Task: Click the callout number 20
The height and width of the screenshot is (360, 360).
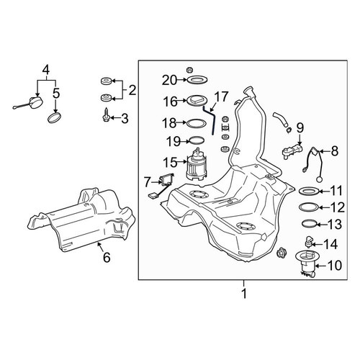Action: click(169, 80)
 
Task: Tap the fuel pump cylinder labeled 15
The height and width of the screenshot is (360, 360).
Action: click(196, 164)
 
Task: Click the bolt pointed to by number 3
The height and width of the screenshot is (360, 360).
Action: click(106, 115)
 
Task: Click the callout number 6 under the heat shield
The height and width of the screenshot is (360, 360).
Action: click(107, 258)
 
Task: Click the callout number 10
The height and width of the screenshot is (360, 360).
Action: click(334, 266)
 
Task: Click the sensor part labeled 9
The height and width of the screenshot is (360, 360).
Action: click(292, 150)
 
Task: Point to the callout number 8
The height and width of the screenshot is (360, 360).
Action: click(335, 151)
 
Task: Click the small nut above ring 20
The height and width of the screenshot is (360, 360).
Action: click(190, 70)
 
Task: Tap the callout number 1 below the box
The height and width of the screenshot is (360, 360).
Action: click(244, 294)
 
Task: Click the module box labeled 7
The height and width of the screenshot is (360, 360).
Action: click(165, 181)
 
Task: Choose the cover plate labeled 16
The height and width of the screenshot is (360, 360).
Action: click(197, 100)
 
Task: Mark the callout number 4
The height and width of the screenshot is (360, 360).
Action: click(46, 70)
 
